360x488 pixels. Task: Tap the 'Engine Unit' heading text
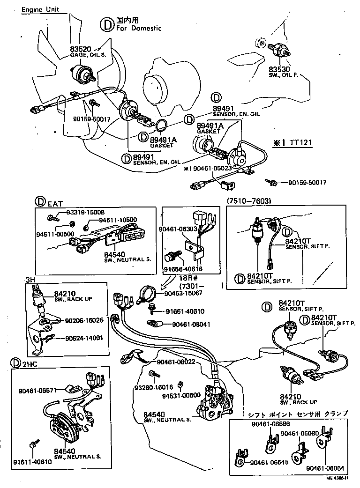pyautogui.click(x=43, y=9)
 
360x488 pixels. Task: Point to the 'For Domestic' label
pyautogui.click(x=139, y=28)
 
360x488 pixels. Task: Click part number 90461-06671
pyautogui.click(x=37, y=390)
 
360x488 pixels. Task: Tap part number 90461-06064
pyautogui.click(x=325, y=468)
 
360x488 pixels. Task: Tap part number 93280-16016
pyautogui.click(x=154, y=387)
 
